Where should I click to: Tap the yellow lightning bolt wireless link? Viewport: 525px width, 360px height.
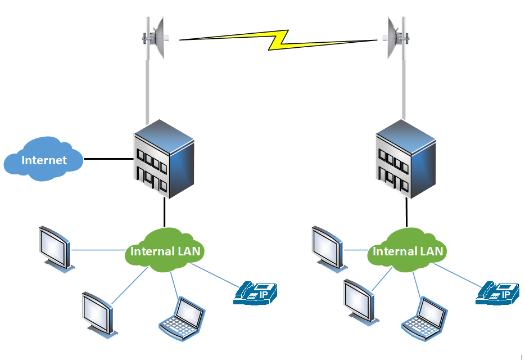[278, 39]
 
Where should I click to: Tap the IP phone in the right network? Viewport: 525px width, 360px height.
[498, 294]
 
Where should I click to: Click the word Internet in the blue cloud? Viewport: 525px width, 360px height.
[44, 160]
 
